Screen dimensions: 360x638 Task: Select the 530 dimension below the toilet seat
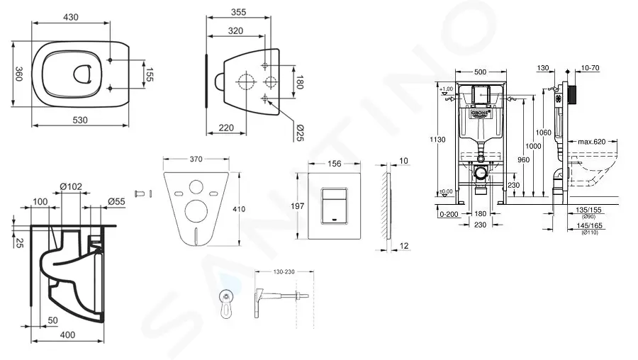coord(80,120)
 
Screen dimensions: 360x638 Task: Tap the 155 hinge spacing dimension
coord(149,74)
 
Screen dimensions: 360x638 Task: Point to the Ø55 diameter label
coord(117,202)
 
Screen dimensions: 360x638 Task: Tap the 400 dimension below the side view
coord(67,334)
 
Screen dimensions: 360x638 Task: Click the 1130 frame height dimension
coord(437,140)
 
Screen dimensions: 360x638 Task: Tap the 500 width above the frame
coord(480,72)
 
